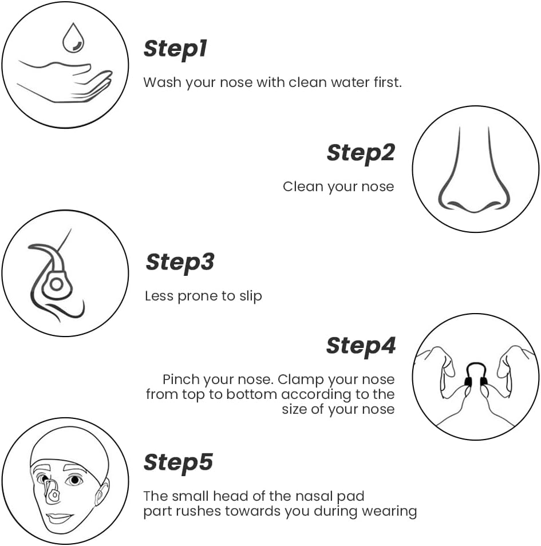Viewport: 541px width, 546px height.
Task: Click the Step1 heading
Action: [x=175, y=49]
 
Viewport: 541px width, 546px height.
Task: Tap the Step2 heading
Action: [x=361, y=153]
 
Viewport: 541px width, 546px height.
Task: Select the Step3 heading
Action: [x=180, y=263]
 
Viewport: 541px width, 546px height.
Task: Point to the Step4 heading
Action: [x=361, y=346]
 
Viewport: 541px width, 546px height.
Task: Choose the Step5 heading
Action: [x=178, y=463]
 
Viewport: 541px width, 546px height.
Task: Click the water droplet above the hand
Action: [x=73, y=38]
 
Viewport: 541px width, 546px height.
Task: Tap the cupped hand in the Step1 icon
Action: [x=65, y=81]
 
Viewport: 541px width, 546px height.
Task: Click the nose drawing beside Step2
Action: [x=474, y=170]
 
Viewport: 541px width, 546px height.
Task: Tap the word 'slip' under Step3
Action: [x=251, y=296]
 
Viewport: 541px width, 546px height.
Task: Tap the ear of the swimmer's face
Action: [x=101, y=492]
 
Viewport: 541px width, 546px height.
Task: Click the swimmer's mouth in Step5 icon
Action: [x=59, y=518]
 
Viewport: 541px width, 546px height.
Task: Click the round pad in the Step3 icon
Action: [x=56, y=284]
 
